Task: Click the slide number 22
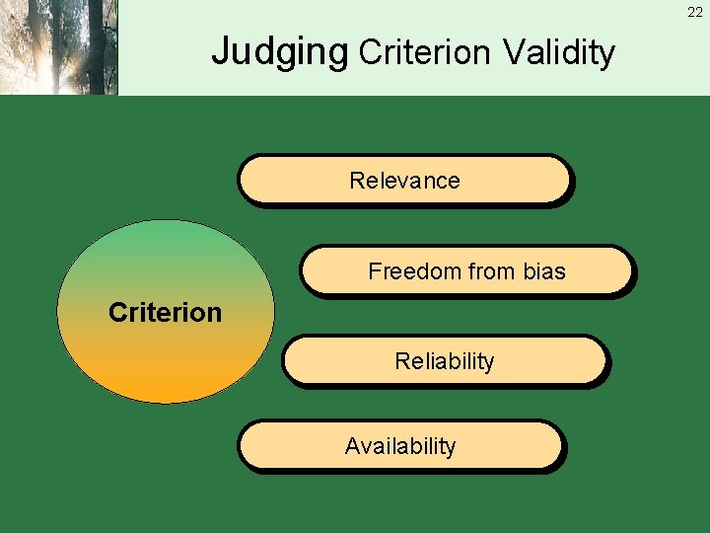pos(695,12)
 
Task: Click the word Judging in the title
pos(280,50)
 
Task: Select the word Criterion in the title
pos(426,51)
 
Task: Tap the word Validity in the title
pos(558,51)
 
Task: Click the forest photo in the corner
pos(58,47)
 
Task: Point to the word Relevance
pos(404,181)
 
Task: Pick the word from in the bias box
pos(488,271)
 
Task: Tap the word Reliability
pos(444,361)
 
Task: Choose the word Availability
pos(400,446)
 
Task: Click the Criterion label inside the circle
pos(165,313)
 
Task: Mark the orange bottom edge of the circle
pos(165,395)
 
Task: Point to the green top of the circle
pos(165,230)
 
